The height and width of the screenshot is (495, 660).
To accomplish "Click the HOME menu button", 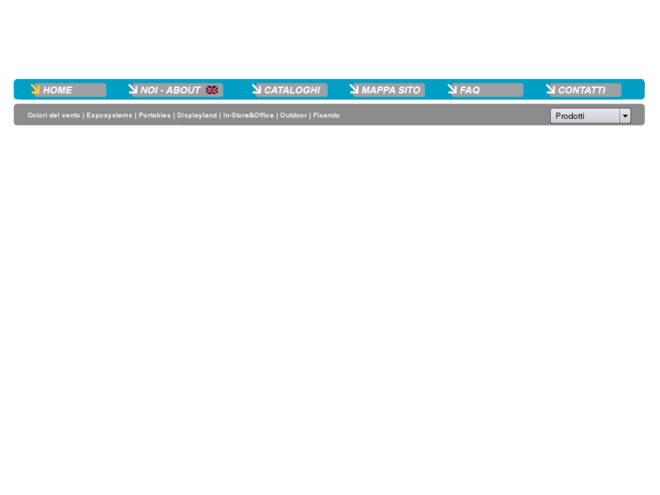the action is tap(68, 90).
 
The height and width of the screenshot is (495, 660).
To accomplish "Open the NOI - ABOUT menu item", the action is tap(175, 90).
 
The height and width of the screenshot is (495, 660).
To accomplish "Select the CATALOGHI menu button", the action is tap(290, 90).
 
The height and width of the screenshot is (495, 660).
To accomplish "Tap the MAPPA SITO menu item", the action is tap(388, 90).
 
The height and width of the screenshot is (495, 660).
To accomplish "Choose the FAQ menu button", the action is tap(486, 90).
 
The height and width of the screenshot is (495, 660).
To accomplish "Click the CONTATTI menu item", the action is tap(584, 90).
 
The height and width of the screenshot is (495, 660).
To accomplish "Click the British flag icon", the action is tap(212, 90).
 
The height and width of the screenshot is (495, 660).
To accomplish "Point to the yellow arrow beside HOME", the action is tap(35, 88).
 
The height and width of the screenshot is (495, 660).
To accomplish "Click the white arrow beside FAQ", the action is tap(452, 88).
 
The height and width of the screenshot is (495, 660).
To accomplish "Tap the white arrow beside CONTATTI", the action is tap(550, 88).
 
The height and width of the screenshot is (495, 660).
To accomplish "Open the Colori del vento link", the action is tap(54, 115).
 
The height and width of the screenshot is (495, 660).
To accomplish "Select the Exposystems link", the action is tap(110, 115).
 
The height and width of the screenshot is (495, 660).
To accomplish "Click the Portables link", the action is tap(154, 115).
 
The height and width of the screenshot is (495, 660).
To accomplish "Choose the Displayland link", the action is tap(197, 115).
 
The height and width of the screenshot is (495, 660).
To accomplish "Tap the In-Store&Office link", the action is tap(249, 115).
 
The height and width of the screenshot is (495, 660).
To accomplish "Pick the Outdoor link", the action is tap(293, 115).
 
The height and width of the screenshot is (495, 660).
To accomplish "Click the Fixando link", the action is tap(326, 115).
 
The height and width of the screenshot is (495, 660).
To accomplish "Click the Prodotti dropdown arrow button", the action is tap(626, 116).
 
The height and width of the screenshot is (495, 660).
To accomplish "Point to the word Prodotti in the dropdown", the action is tap(569, 116).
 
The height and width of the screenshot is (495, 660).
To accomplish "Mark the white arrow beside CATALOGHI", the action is tap(257, 88).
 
